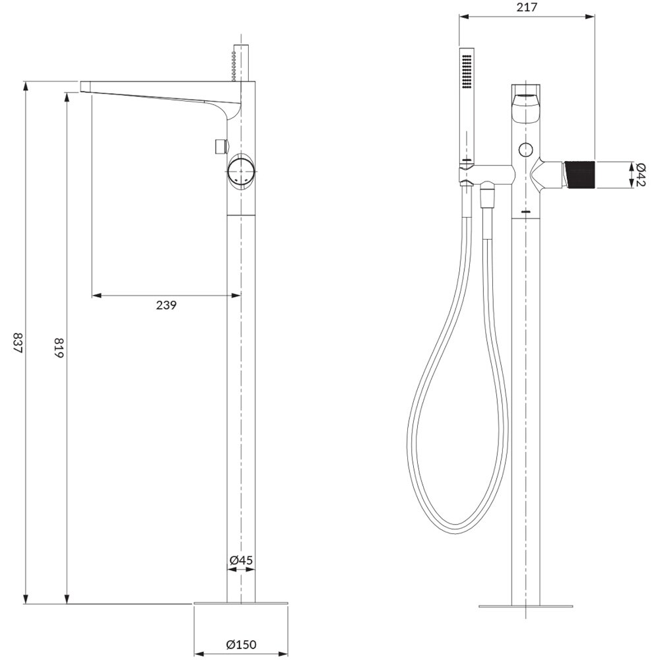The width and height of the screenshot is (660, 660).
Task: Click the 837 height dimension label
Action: (x=18, y=343)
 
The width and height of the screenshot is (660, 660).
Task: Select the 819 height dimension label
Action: (x=58, y=347)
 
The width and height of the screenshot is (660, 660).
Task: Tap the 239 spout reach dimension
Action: (x=166, y=305)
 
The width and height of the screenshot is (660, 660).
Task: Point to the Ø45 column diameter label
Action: (x=241, y=560)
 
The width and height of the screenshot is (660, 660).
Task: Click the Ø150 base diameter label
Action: (x=241, y=644)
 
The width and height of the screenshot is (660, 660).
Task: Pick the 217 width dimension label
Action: (x=527, y=7)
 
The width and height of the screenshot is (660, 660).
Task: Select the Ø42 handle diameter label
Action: (x=641, y=174)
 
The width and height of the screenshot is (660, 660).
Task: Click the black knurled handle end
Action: (x=579, y=174)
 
